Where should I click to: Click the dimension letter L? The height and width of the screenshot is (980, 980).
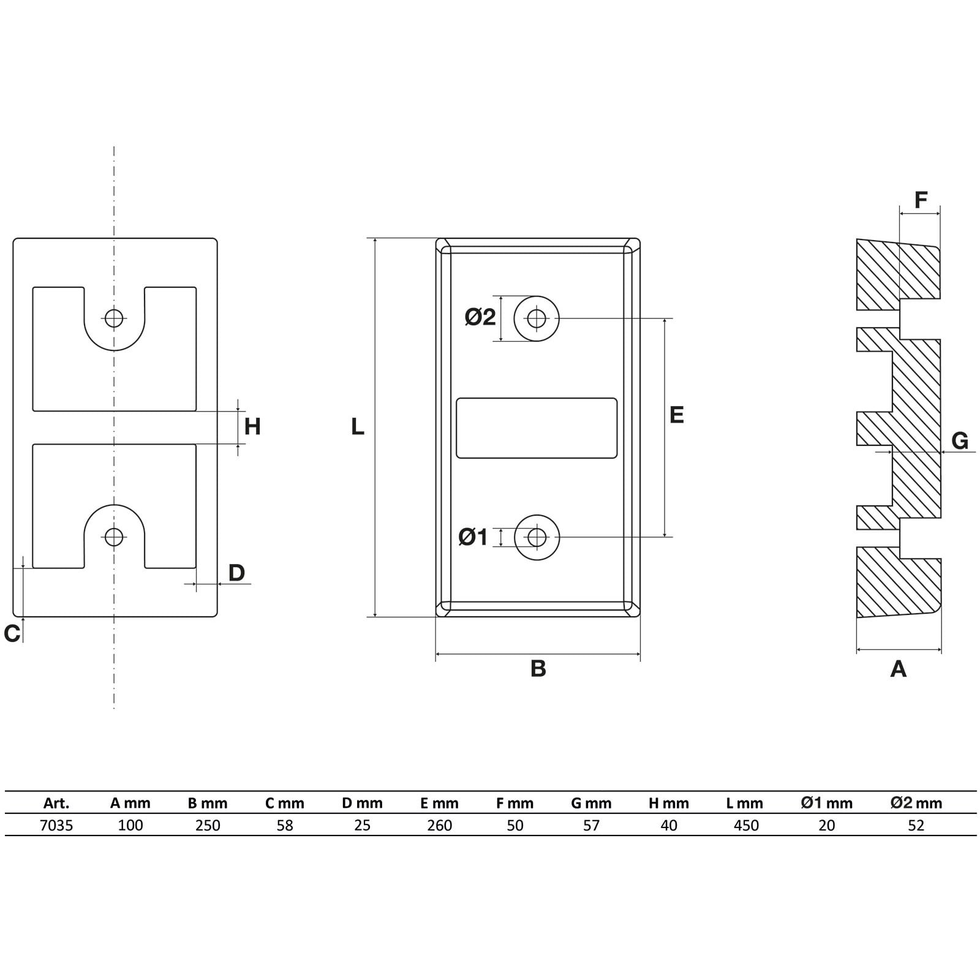(358, 426)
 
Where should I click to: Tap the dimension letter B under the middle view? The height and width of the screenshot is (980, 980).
(538, 668)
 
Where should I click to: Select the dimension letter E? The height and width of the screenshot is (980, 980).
(676, 415)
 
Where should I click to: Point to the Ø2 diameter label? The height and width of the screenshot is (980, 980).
(480, 317)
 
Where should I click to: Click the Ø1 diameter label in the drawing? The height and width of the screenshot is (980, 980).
(473, 537)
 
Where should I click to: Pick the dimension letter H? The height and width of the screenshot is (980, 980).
(252, 426)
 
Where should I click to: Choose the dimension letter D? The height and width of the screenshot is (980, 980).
(236, 573)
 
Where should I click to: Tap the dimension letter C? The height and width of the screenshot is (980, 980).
(12, 634)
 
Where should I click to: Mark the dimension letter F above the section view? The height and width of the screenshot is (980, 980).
(921, 200)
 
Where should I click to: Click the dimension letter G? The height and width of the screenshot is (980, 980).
(960, 440)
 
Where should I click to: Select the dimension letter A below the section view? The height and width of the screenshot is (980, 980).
(898, 669)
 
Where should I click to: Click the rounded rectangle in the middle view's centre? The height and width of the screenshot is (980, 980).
(537, 428)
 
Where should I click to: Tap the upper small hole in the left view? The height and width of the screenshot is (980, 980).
(114, 318)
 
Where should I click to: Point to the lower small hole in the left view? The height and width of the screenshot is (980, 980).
(114, 537)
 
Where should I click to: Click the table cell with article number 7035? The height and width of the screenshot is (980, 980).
(56, 826)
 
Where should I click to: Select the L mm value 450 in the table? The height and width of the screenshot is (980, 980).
(746, 826)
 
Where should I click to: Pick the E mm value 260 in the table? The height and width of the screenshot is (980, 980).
(440, 826)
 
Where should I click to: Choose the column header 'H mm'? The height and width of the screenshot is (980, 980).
(669, 803)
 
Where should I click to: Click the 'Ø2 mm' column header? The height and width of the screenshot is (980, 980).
(916, 803)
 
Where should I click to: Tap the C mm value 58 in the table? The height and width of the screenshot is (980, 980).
(285, 826)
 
